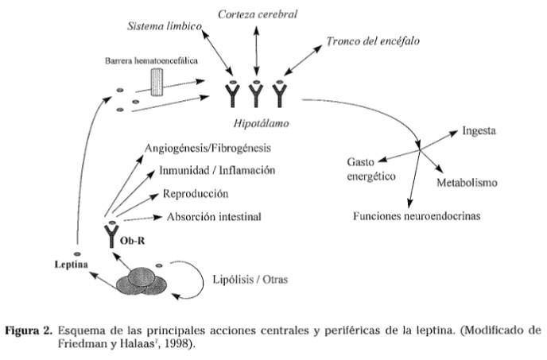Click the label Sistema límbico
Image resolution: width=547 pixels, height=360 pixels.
click(162, 26)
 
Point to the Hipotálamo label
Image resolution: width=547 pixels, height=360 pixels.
click(256, 123)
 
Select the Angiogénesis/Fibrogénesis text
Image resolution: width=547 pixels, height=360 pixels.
click(208, 148)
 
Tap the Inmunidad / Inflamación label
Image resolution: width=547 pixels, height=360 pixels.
click(217, 171)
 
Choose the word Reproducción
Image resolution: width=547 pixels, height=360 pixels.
click(196, 194)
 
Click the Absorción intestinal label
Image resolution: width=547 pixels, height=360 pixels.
click(214, 217)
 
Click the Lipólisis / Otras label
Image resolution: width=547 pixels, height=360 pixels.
click(251, 280)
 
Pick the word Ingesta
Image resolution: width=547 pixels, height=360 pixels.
click(480, 130)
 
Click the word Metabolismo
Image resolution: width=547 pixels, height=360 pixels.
click(467, 184)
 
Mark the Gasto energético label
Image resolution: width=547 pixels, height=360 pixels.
click(371, 169)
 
